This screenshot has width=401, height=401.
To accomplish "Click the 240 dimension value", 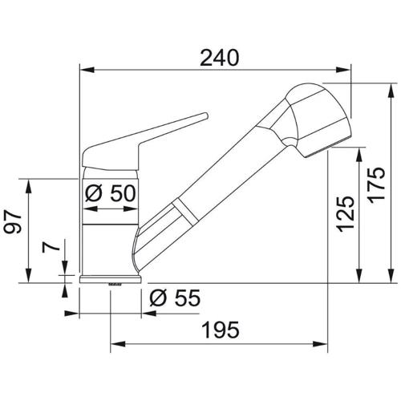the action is [x=220, y=58].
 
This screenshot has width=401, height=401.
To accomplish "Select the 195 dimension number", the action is [x=221, y=330].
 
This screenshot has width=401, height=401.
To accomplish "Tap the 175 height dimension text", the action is [x=376, y=185].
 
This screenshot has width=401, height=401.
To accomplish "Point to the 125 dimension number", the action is [x=345, y=214].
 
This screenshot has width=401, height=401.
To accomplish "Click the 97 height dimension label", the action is [x=13, y=221].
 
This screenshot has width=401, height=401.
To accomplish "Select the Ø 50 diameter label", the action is [x=111, y=193].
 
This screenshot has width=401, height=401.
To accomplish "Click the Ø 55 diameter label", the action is [x=175, y=298].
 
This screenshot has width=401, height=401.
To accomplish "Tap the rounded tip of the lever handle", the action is [x=205, y=115].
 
